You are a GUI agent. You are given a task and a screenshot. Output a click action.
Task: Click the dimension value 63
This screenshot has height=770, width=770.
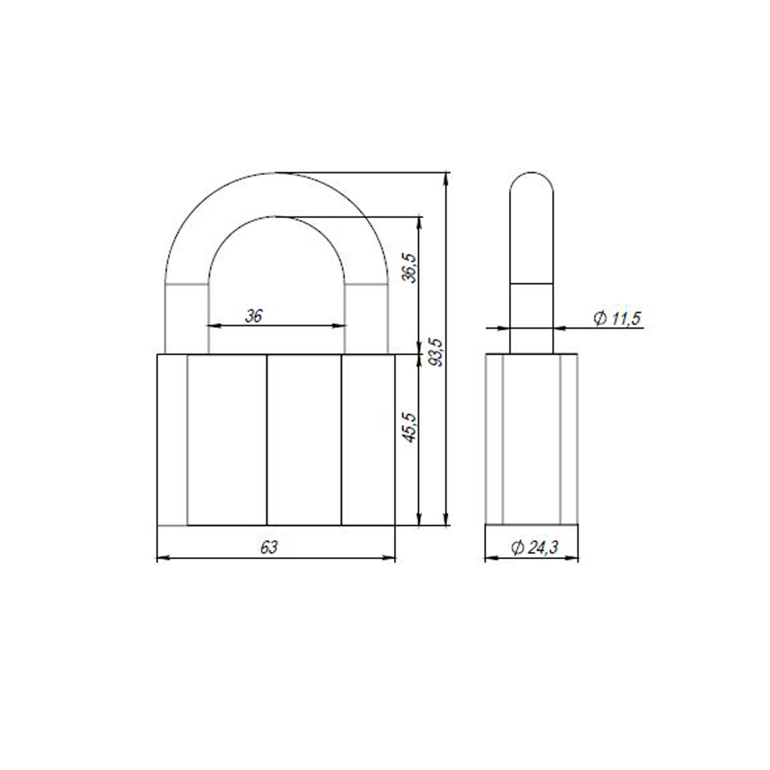[x=268, y=547]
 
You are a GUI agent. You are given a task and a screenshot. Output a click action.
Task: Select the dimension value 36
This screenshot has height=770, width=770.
[x=253, y=315]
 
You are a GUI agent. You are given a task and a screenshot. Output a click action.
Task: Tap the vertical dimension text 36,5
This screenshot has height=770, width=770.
[x=410, y=268]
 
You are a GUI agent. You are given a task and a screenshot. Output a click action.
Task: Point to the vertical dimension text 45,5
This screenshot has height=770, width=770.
[x=410, y=427]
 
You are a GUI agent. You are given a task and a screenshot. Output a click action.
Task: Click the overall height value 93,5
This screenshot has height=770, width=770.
[x=437, y=351]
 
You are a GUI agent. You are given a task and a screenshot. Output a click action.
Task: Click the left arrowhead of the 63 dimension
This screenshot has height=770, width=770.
[x=162, y=557]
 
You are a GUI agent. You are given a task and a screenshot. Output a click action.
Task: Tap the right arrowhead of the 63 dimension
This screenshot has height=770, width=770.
[x=390, y=557]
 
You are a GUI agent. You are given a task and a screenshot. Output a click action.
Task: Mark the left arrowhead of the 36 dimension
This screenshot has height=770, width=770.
[x=214, y=326]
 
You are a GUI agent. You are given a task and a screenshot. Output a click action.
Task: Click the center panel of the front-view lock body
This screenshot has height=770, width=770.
[x=304, y=440]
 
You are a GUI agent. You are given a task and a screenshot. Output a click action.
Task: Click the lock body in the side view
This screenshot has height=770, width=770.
[x=531, y=439]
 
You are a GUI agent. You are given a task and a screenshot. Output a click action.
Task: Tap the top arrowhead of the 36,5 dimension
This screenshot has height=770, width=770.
[x=419, y=223]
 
